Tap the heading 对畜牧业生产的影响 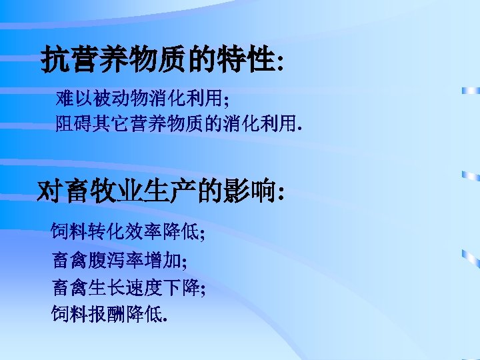162,192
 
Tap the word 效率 137,233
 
